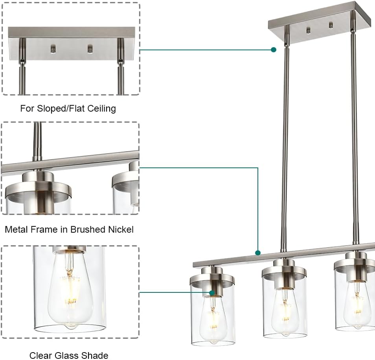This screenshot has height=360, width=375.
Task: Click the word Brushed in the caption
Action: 88,230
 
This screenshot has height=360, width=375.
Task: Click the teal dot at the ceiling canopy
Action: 274,50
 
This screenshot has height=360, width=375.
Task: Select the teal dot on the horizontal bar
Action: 258,253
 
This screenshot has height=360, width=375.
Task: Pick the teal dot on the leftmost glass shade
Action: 212,293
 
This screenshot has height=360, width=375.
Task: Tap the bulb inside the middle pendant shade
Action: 284,310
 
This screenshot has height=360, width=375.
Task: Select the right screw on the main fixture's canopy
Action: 330,24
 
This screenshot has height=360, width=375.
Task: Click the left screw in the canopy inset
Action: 53,49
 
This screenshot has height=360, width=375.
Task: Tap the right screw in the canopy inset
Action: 90,49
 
